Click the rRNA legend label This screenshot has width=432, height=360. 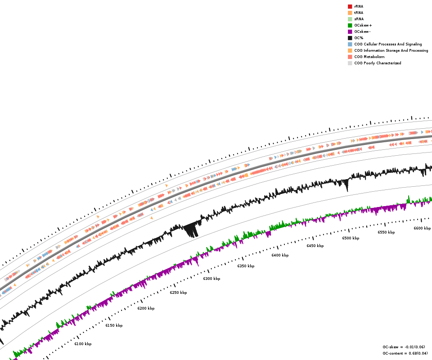[x=359, y=6]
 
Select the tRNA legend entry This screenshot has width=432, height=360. [x=359, y=13]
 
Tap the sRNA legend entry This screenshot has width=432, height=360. [x=359, y=19]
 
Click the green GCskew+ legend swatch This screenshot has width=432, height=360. [x=350, y=25]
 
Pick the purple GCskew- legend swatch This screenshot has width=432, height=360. [x=350, y=31]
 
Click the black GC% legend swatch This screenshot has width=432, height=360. [x=350, y=38]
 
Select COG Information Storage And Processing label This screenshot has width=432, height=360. [x=391, y=50]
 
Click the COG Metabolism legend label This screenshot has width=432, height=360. [x=369, y=57]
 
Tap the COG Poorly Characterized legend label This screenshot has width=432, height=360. [x=378, y=63]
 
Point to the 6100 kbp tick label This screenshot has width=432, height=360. [x=83, y=344]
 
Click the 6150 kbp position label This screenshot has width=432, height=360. [x=114, y=325]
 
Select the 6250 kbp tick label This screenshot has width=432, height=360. [x=178, y=292]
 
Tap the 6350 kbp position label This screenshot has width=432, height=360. [x=246, y=266]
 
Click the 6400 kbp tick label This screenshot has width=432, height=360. [x=280, y=255]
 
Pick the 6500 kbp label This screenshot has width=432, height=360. [x=351, y=238]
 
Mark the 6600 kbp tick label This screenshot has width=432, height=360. [x=422, y=228]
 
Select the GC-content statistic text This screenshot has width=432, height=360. [x=405, y=353]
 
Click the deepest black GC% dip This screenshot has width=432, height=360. [x=193, y=233]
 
